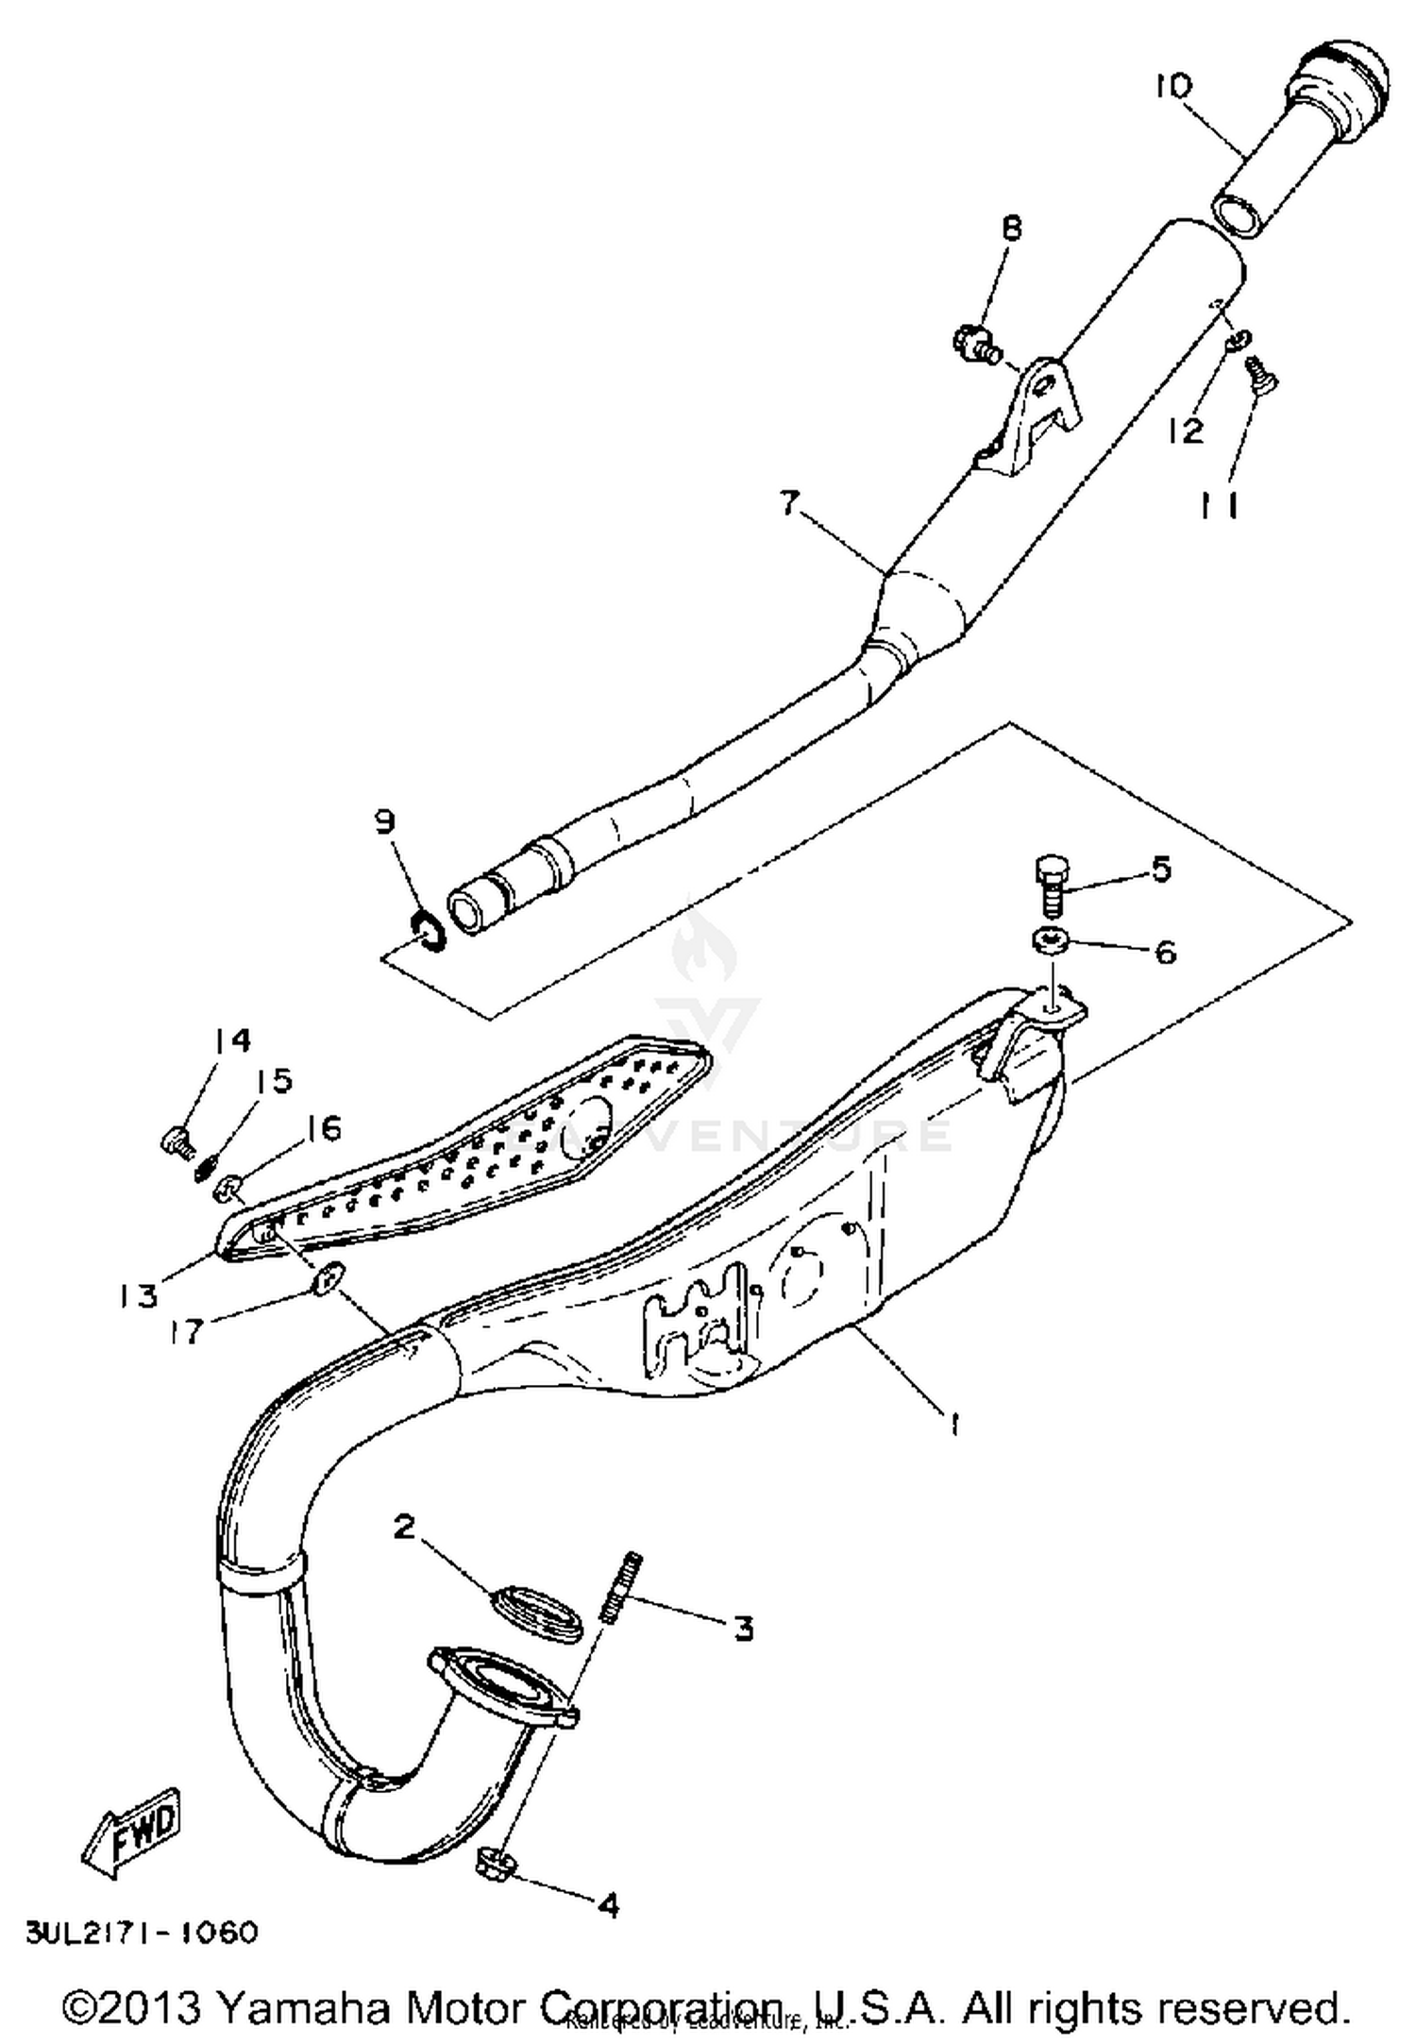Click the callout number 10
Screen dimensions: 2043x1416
click(x=1173, y=86)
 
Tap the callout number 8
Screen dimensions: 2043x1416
click(x=1011, y=229)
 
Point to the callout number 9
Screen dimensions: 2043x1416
click(x=384, y=821)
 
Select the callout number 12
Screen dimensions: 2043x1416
click(x=1187, y=431)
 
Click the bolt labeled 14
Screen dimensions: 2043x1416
click(x=177, y=1140)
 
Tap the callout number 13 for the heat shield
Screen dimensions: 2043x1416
click(x=138, y=1295)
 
